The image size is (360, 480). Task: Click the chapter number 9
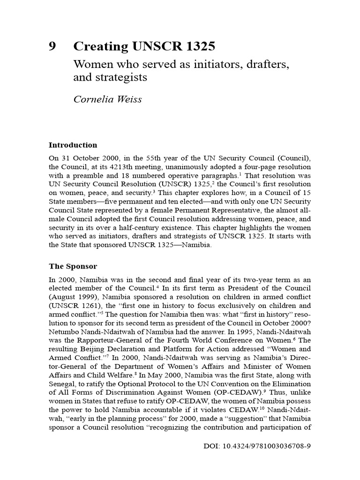[x=52, y=46]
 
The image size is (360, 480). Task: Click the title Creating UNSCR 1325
[x=144, y=46]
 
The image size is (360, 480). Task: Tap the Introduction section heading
[x=73, y=145]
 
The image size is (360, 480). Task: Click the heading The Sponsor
[x=73, y=266]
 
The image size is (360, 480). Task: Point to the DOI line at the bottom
[x=257, y=446]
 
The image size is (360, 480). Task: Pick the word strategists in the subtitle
[x=123, y=77]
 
